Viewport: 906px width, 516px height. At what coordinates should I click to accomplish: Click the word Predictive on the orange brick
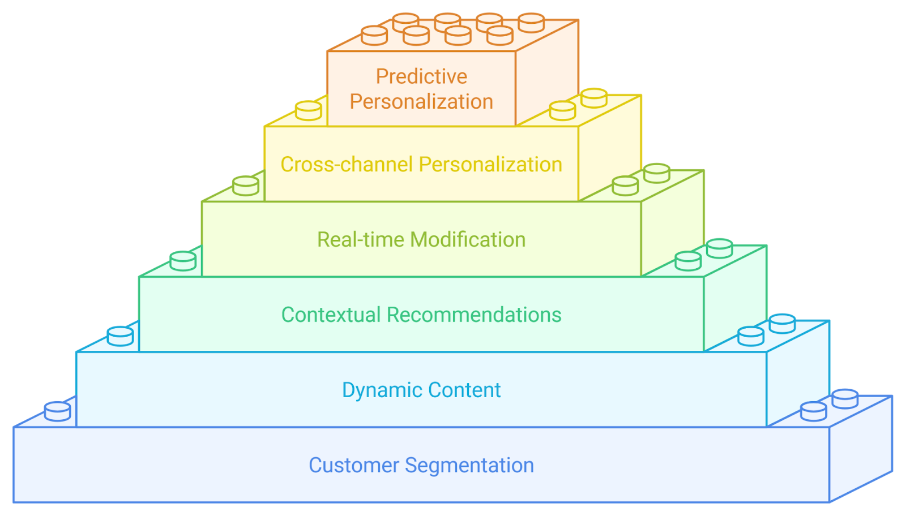coord(421,76)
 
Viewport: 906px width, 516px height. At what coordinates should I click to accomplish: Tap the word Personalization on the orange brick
coord(421,101)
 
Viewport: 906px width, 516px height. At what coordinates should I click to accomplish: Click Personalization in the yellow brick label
coord(490,165)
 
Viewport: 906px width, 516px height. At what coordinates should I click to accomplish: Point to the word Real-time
coord(360,240)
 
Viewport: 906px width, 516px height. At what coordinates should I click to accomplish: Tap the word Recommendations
coord(474,315)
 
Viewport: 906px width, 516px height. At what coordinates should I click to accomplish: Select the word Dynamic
coord(382,390)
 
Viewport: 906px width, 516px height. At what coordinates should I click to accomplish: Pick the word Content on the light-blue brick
coord(464,390)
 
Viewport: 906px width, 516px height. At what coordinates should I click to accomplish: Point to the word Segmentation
coord(469,465)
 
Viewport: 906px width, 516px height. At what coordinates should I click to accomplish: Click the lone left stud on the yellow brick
coord(309,111)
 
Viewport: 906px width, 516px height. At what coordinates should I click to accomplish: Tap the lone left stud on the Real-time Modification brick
coord(246,186)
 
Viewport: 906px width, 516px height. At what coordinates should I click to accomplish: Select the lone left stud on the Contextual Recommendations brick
coord(183,261)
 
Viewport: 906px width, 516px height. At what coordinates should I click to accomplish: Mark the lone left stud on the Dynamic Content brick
coord(121,336)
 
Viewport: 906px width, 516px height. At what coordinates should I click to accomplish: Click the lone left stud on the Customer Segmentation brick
coord(57,411)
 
